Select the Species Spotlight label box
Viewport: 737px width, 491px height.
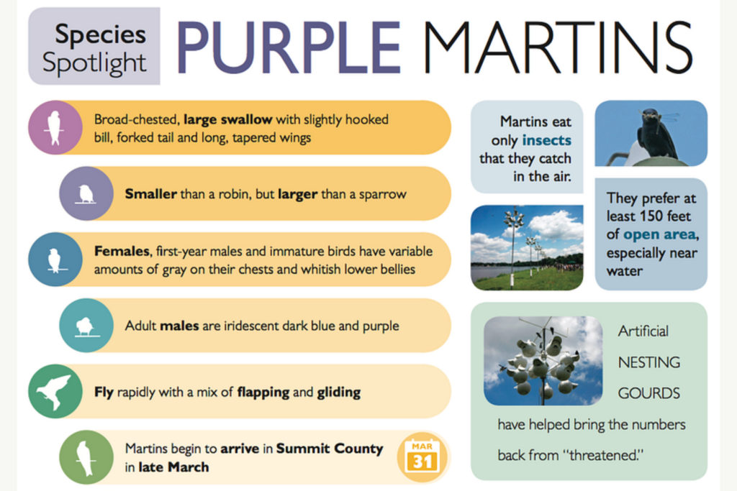click(x=94, y=47)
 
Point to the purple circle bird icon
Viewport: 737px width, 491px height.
click(x=86, y=193)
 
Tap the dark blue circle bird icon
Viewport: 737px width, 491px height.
click(x=55, y=260)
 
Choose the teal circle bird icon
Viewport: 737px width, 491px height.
click(x=86, y=326)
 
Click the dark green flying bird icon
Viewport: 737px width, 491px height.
click(x=55, y=392)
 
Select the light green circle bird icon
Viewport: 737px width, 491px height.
click(x=86, y=457)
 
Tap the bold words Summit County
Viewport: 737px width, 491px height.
click(x=330, y=449)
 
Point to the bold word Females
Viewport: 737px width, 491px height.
click(x=120, y=252)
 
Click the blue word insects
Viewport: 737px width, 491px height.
click(x=547, y=140)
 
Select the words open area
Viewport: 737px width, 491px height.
click(x=659, y=234)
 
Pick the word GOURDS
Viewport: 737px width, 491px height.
click(x=648, y=393)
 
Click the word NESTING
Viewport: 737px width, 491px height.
click(x=648, y=362)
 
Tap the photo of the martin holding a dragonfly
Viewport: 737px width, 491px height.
click(x=651, y=134)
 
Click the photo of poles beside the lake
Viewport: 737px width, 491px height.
click(x=527, y=247)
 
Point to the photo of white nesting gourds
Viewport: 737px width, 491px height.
click(x=543, y=360)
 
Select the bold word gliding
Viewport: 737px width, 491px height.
click(x=339, y=393)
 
